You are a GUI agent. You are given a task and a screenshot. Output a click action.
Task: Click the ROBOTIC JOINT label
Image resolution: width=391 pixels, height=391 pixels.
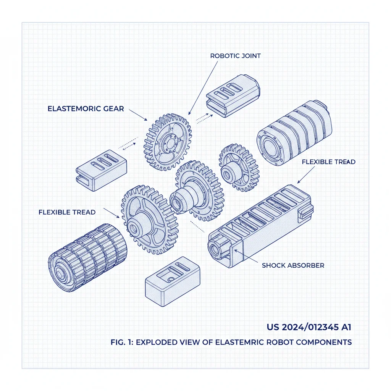(235, 56)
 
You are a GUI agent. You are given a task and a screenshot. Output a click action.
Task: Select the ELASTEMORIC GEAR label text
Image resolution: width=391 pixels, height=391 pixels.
(86, 109)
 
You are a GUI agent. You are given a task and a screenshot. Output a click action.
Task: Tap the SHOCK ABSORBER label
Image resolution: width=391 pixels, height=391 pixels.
(293, 265)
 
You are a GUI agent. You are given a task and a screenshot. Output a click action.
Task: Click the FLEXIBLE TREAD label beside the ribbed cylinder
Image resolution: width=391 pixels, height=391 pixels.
(67, 212)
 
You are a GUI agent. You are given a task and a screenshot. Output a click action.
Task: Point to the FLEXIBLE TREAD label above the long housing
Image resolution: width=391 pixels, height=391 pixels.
(328, 162)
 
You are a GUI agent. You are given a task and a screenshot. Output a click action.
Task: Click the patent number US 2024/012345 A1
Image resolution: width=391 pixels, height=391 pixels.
(309, 327)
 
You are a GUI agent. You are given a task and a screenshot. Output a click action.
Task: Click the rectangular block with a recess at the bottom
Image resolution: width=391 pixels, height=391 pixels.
(173, 282)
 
